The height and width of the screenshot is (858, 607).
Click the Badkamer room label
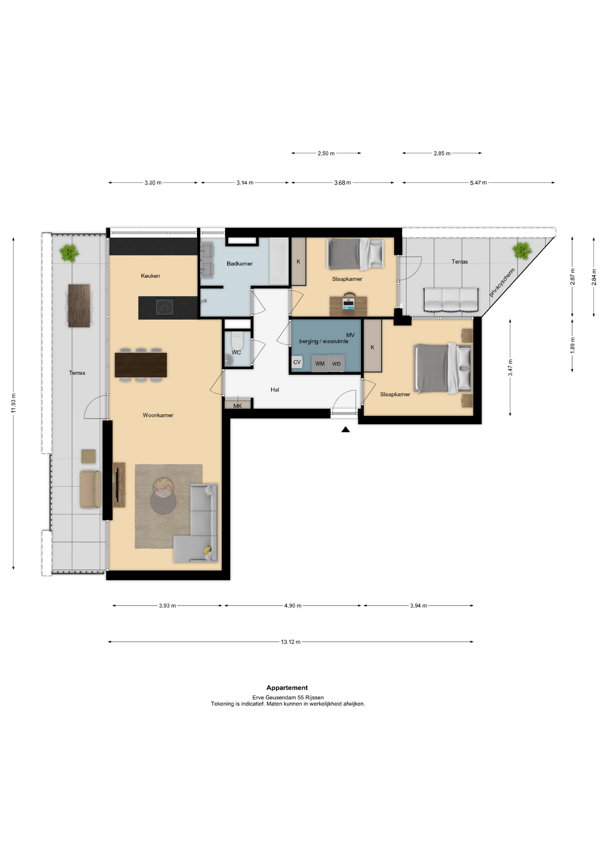[x=240, y=264]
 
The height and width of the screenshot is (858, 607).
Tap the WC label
[x=236, y=353]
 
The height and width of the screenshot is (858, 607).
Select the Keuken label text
[x=150, y=276]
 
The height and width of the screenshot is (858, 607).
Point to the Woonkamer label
[x=158, y=415]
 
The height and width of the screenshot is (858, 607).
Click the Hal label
[x=275, y=390]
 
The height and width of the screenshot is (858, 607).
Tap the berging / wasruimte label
[x=324, y=341]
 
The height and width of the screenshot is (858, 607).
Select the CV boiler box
[x=297, y=362]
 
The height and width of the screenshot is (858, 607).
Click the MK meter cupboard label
[x=238, y=406]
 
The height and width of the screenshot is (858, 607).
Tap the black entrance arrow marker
[x=346, y=429]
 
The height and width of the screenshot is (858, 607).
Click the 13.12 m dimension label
[x=291, y=642]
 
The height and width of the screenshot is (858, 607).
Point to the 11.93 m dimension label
[x=13, y=403]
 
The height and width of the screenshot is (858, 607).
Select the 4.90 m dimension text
[x=293, y=606]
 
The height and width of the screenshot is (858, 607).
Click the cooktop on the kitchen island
[x=164, y=307]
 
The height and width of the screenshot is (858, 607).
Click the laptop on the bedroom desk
[x=348, y=303]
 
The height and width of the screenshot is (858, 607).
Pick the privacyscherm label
[x=502, y=282]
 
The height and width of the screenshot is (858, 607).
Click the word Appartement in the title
[x=287, y=688]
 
